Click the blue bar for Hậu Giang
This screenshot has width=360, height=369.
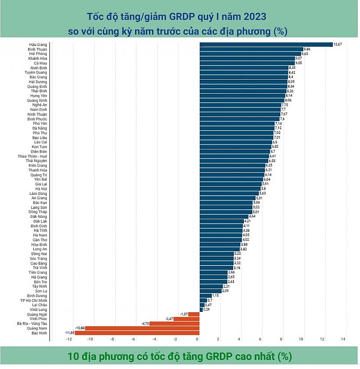(x=265, y=44)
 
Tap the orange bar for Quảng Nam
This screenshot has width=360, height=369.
(x=142, y=328)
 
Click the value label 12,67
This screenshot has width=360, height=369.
(x=338, y=44)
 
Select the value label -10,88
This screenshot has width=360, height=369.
(x=80, y=328)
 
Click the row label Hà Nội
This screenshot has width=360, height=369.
(x=41, y=189)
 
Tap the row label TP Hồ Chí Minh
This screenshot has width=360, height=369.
(x=34, y=300)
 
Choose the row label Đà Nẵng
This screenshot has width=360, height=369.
(x=40, y=128)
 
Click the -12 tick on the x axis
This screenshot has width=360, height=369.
(x=69, y=338)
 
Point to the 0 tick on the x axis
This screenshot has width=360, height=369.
(x=197, y=338)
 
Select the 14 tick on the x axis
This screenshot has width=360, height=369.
(x=343, y=338)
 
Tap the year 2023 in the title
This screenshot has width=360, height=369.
(x=255, y=17)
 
